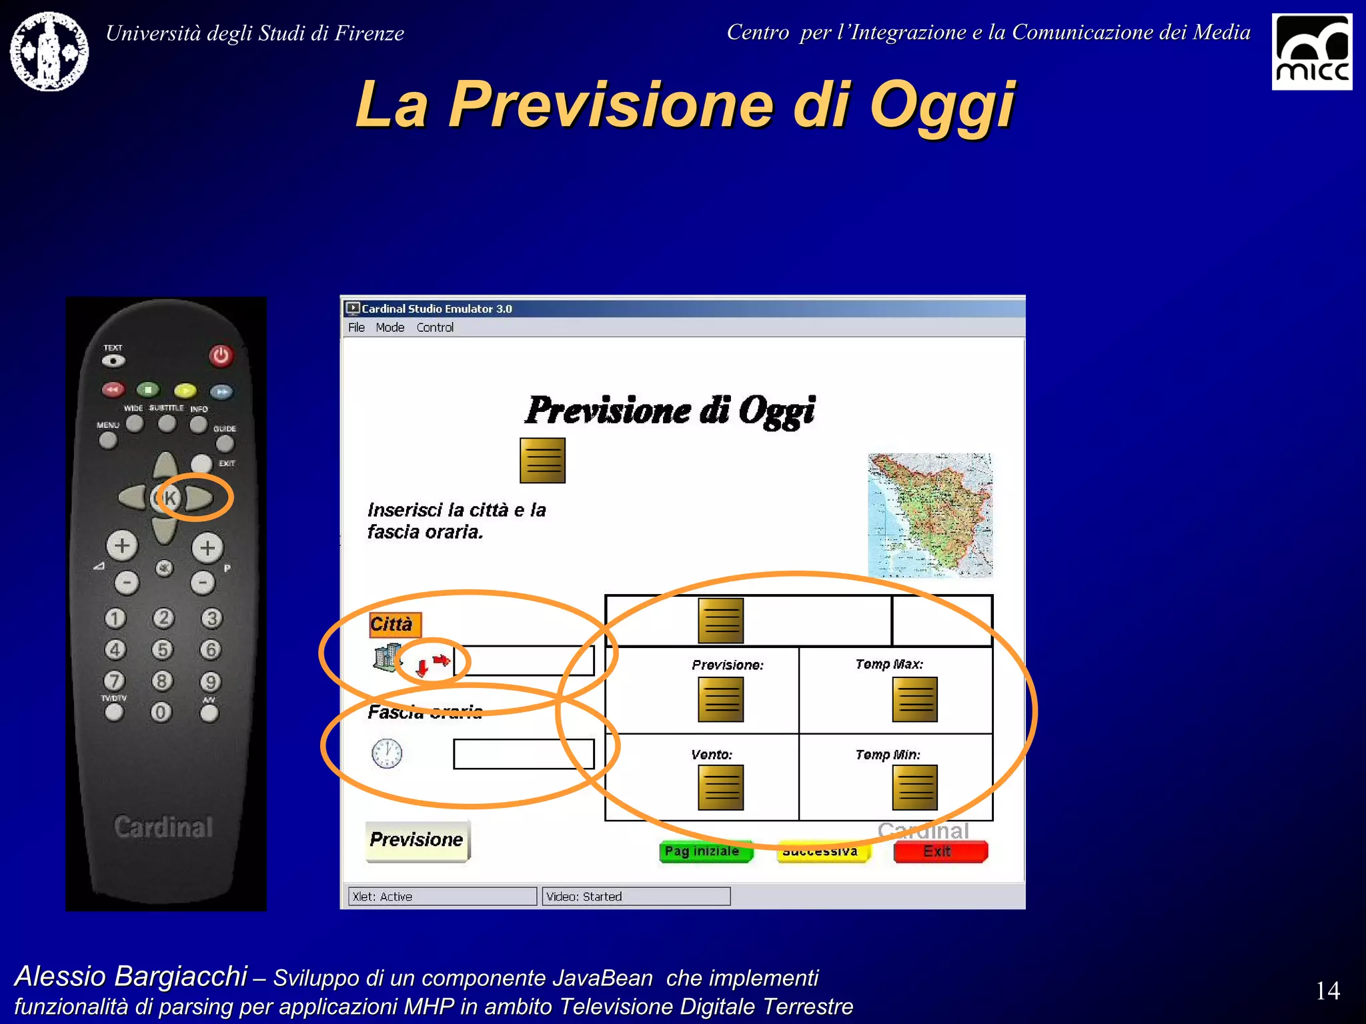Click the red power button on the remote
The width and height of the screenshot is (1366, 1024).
click(221, 355)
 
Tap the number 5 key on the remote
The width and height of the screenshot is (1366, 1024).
click(162, 649)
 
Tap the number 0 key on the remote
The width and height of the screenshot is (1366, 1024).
click(160, 712)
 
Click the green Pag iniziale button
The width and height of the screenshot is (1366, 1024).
click(705, 851)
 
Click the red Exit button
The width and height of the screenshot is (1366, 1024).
click(940, 851)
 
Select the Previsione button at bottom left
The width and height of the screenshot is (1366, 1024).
click(417, 840)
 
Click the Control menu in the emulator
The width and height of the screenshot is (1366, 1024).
click(435, 327)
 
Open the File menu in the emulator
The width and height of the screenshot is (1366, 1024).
click(356, 327)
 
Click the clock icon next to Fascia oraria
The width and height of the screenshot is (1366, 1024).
click(387, 753)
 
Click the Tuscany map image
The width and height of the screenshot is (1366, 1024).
click(930, 515)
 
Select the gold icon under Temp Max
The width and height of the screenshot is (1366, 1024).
click(914, 699)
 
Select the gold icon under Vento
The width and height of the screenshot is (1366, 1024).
click(720, 787)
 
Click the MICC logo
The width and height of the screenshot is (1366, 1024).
click(1311, 52)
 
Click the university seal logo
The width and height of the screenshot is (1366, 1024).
click(49, 51)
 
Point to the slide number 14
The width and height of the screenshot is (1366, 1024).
click(1327, 991)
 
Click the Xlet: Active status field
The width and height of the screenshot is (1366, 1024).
click(442, 897)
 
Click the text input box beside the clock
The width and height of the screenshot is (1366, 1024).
click(523, 754)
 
